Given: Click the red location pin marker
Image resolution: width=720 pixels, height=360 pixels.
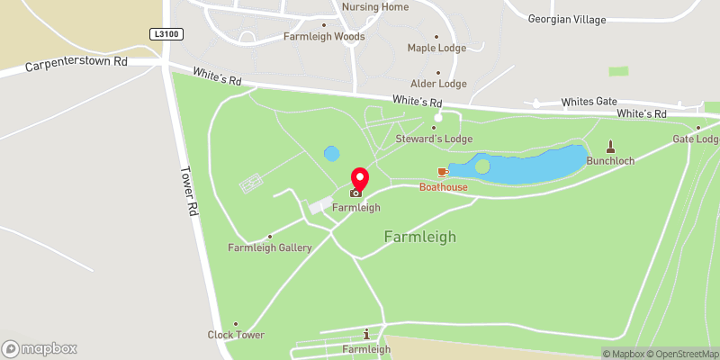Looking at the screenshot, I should pyautogui.click(x=359, y=181).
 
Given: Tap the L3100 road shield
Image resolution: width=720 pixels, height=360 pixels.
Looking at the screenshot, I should pyautogui.click(x=162, y=32).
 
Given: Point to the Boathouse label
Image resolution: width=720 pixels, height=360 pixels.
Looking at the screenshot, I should pyautogui.click(x=444, y=186).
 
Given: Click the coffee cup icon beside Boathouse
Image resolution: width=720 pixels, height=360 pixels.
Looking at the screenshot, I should pyautogui.click(x=443, y=171).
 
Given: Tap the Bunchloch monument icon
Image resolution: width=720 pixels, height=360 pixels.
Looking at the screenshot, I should pyautogui.click(x=611, y=147).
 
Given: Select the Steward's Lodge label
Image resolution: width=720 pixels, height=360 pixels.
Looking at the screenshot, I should pyautogui.click(x=434, y=139).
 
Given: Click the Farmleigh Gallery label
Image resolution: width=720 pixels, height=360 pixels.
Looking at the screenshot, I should pyautogui.click(x=270, y=247).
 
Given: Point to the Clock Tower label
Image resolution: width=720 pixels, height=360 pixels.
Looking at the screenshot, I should pyautogui.click(x=236, y=335).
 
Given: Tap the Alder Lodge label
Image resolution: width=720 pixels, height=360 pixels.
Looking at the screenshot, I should pyautogui.click(x=438, y=84).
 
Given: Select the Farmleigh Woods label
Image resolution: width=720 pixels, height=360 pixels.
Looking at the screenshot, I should pyautogui.click(x=324, y=37).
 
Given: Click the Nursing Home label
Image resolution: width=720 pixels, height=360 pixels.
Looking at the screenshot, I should pyautogui.click(x=375, y=7).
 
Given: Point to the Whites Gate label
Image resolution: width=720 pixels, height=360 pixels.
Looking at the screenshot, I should pyautogui.click(x=589, y=103).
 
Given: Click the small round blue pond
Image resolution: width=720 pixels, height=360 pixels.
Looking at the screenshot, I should pyautogui.click(x=332, y=154).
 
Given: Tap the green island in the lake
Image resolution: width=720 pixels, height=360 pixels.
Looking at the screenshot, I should pyautogui.click(x=482, y=166).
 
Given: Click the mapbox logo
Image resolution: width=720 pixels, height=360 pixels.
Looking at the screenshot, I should pyautogui.click(x=40, y=348).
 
